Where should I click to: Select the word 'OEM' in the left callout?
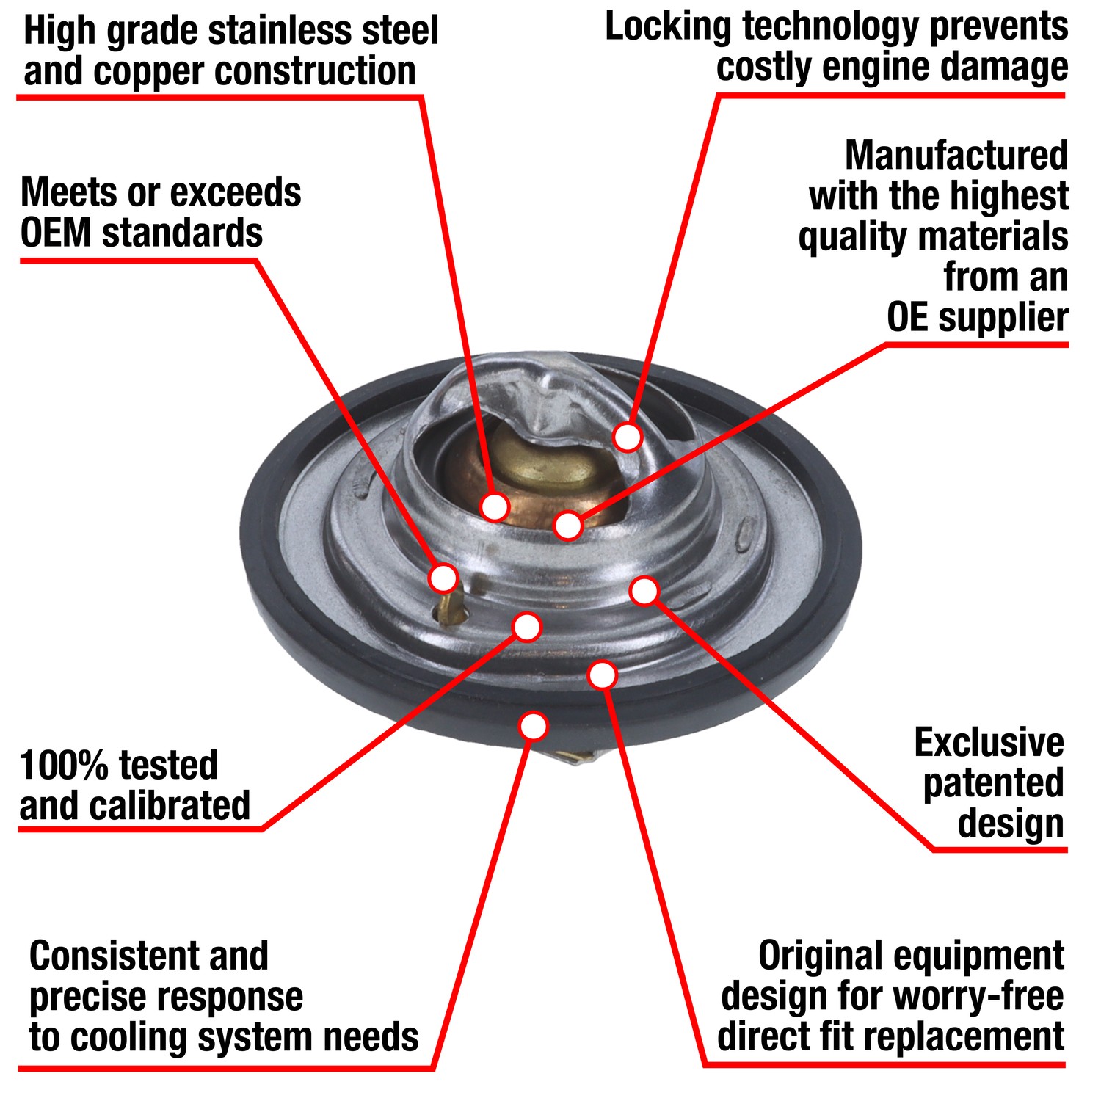click(x=56, y=233)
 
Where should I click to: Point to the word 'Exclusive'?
click(x=989, y=743)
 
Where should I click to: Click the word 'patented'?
click(x=993, y=784)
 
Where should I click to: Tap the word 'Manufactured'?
click(x=956, y=156)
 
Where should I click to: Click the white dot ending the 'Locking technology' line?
click(x=628, y=437)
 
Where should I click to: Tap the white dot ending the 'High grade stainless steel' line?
click(x=495, y=506)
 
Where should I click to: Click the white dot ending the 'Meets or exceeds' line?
click(x=443, y=578)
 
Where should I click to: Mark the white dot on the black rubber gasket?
click(x=534, y=726)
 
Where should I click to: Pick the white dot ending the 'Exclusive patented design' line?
click(x=644, y=591)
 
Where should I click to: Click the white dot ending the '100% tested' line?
click(x=527, y=627)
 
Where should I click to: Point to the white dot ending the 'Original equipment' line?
click(x=603, y=675)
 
